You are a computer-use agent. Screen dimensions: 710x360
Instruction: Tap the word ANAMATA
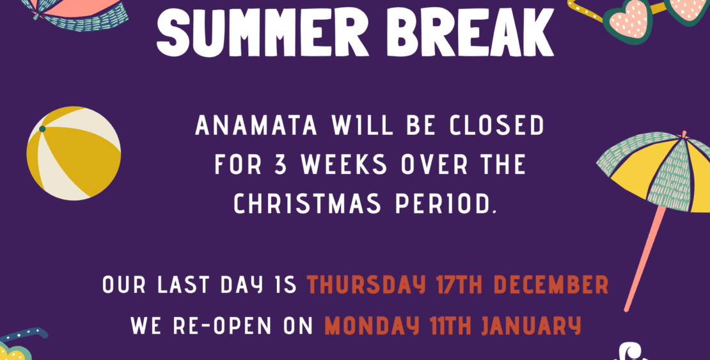[x=256, y=125]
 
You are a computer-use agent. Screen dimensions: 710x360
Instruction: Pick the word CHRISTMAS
[x=307, y=204]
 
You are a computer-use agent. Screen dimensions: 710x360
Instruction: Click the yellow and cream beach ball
[x=74, y=153]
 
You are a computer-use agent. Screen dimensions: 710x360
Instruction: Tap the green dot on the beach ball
[x=42, y=129]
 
